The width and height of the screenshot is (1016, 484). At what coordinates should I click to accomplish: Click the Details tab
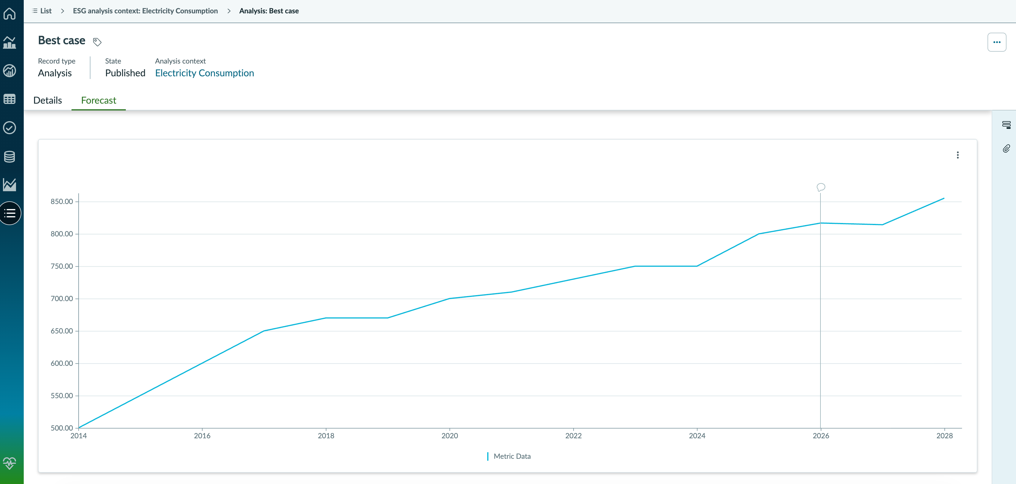tap(47, 100)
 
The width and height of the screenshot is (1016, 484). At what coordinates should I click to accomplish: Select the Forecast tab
tap(99, 100)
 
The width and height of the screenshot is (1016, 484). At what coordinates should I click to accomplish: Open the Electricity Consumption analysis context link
tap(204, 73)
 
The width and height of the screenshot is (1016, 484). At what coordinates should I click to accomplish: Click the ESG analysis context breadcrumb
tap(145, 11)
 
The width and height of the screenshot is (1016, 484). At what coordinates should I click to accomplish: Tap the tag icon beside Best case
tap(97, 42)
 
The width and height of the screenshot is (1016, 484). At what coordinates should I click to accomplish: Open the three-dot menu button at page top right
tap(997, 42)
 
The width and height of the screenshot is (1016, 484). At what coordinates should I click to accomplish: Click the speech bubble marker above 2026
tap(821, 187)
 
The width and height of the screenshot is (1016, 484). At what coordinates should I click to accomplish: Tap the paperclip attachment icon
tap(1006, 148)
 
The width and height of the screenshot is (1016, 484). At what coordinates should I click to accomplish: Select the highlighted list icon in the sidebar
tap(10, 213)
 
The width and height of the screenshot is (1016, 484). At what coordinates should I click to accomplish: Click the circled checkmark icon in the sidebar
tap(9, 127)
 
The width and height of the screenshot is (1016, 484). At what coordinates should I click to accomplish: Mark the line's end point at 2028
tap(944, 198)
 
